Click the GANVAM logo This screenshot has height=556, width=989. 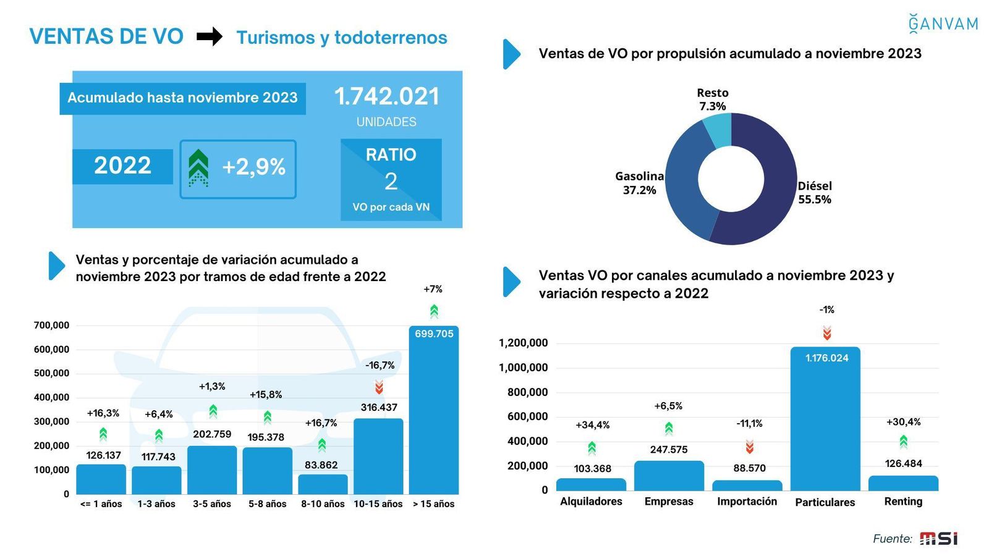click(943, 23)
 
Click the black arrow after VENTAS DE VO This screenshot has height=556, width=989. click(210, 37)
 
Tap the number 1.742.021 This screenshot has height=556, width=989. click(387, 96)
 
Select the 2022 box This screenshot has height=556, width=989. click(122, 166)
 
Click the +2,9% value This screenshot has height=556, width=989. click(253, 167)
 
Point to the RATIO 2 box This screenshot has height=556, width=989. click(391, 179)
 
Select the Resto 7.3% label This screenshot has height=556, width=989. click(713, 99)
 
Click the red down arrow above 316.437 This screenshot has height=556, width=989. click(379, 387)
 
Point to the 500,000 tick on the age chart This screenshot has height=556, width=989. click(51, 373)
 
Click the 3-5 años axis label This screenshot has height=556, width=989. click(212, 504)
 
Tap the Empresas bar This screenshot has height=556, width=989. click(669, 476)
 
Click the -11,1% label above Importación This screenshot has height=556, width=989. click(749, 424)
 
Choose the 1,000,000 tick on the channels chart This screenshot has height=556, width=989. click(523, 368)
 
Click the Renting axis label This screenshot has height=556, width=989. click(903, 502)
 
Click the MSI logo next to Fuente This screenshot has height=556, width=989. click(938, 539)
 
